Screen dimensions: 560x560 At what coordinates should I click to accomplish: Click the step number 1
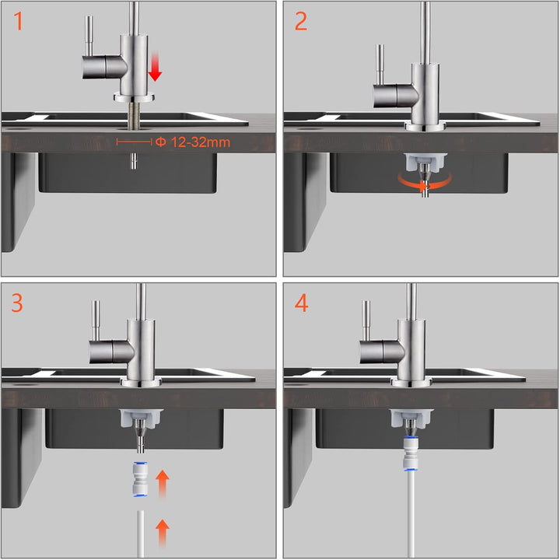(x=18, y=21)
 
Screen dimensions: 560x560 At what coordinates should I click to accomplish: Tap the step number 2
(x=301, y=21)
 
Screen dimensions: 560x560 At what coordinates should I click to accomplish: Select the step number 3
(x=17, y=303)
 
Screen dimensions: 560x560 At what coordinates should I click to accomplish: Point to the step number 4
(x=302, y=303)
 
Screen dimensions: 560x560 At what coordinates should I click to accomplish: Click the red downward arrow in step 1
(x=155, y=66)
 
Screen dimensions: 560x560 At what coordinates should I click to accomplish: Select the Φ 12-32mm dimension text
(x=193, y=142)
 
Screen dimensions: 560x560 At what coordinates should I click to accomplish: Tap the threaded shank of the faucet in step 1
(x=134, y=114)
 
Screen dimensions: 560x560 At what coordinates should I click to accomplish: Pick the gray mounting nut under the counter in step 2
(x=425, y=162)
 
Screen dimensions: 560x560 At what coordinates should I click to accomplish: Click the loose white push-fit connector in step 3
(x=139, y=479)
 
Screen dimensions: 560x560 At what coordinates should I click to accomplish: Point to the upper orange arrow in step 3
(x=163, y=484)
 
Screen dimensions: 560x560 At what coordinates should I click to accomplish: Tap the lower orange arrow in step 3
(x=163, y=534)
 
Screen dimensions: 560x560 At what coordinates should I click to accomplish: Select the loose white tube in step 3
(x=140, y=534)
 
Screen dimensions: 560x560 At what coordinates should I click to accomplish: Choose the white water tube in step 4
(x=411, y=514)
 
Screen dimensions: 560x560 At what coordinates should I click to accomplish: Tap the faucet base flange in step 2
(x=425, y=126)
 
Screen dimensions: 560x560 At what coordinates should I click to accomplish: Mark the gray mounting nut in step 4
(x=411, y=418)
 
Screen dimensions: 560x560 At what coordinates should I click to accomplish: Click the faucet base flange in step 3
(x=142, y=382)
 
